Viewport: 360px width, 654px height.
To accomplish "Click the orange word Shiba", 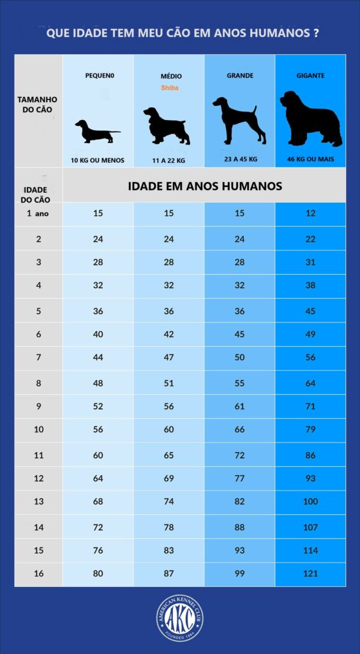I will tap(169, 87).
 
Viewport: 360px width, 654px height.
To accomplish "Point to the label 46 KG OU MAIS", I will tap(311, 160).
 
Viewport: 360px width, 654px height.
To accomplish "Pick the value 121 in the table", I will tap(311, 574).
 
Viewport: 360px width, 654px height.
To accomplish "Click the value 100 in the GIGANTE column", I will tap(311, 501).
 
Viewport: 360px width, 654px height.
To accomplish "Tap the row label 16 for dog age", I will tap(38, 574).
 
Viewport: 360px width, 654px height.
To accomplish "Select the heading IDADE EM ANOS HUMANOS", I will tap(205, 186).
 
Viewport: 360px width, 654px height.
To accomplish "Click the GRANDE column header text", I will tap(240, 75).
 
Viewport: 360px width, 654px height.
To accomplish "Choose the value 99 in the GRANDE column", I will tap(240, 574).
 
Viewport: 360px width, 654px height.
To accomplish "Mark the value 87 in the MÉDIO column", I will tap(169, 574).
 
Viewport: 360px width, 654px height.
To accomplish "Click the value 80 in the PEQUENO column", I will tap(98, 574).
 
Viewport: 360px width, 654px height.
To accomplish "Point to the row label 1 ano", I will tap(38, 213).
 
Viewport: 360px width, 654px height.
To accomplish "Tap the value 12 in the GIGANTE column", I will tap(311, 213).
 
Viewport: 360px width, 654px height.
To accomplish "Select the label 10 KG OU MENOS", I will tap(98, 160).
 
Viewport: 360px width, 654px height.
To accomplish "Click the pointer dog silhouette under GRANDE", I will tap(239, 120).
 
